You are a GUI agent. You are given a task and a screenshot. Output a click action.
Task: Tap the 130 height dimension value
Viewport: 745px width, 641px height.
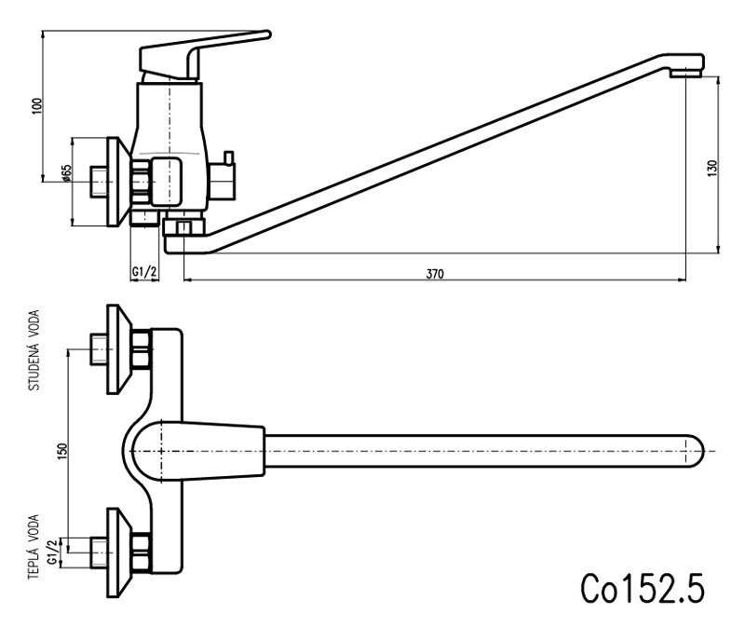[x=712, y=168]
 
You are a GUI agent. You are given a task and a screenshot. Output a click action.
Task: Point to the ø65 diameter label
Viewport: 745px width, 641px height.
[x=66, y=174]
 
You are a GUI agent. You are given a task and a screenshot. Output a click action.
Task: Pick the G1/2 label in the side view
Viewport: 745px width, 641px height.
[x=143, y=271]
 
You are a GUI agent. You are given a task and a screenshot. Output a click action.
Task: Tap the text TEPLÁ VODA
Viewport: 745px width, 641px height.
[x=34, y=547]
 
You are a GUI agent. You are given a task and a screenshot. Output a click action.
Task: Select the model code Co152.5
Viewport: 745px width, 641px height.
[x=642, y=587]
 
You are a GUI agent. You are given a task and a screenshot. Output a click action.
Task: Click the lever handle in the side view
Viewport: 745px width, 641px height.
[x=200, y=52]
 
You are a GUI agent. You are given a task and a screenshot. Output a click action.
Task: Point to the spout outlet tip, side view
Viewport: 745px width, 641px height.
[x=688, y=67]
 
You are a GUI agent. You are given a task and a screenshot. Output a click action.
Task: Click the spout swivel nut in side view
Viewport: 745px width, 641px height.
[x=183, y=227]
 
